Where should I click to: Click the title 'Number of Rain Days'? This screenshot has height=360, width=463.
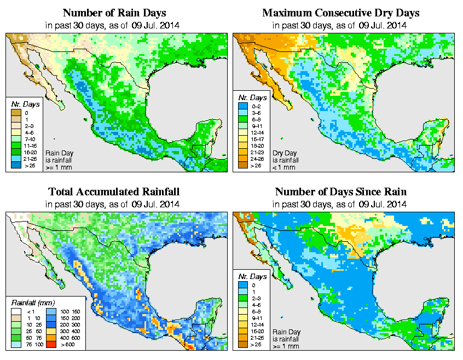point(114,13)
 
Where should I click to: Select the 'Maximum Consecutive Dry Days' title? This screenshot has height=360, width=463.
point(341,13)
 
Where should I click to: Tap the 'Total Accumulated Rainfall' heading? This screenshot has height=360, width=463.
point(114,192)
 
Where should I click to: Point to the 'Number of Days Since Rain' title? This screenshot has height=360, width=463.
point(341,192)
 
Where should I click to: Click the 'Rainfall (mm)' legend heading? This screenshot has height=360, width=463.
point(33,303)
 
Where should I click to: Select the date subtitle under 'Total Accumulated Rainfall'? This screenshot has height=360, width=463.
point(114,205)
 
